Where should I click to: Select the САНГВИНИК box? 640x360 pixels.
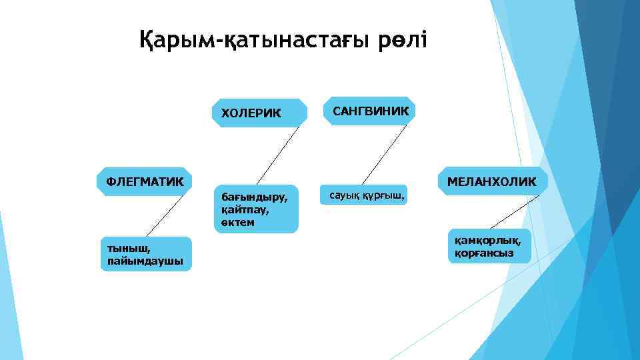click(x=370, y=110)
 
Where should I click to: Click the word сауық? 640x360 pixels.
click(x=340, y=196)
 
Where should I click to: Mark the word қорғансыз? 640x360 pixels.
click(x=479, y=253)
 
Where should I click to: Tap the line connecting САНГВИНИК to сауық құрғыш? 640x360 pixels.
click(x=385, y=154)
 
